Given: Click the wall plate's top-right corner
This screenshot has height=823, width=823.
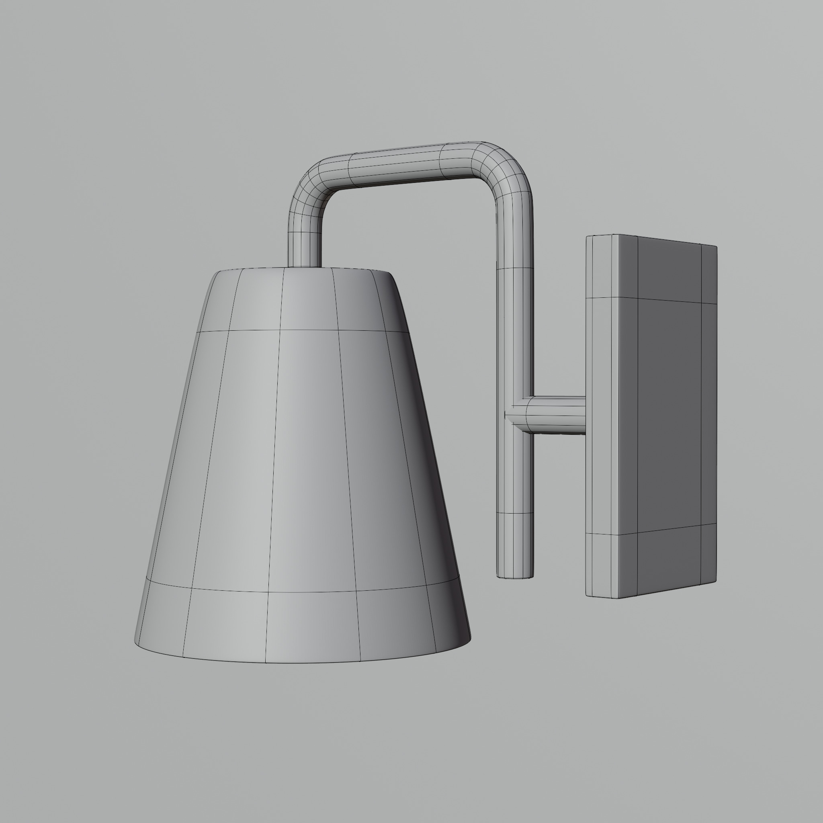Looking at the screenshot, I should [x=716, y=247].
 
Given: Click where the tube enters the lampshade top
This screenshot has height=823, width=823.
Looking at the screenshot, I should [x=305, y=266].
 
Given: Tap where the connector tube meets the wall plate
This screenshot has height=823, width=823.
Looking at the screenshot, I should [x=584, y=414].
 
